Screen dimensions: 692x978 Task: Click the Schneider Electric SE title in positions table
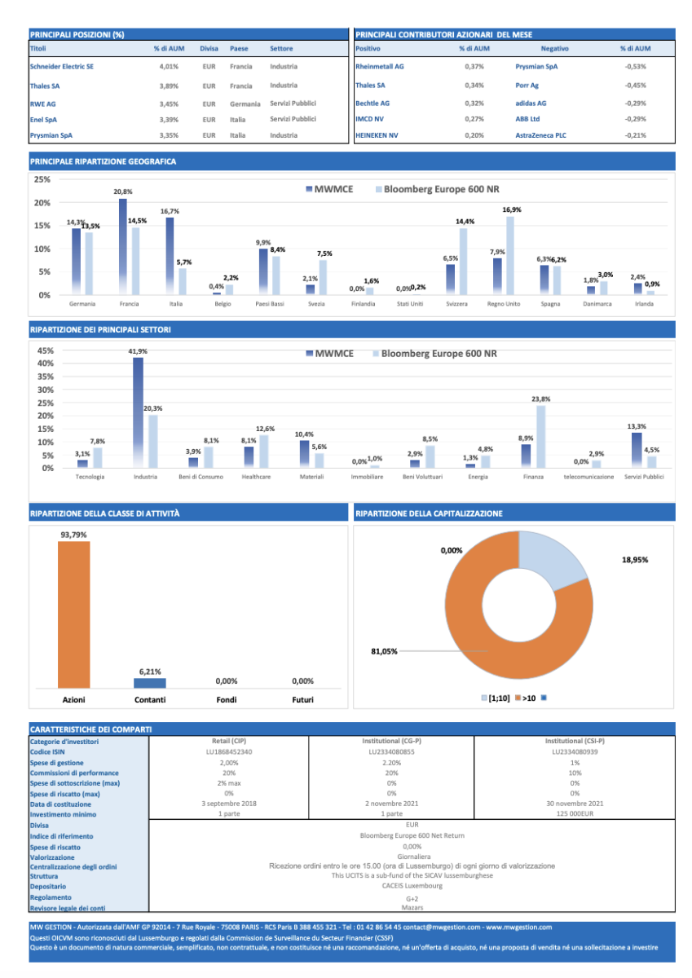click(62, 66)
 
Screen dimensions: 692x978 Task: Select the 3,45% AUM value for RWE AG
click(169, 104)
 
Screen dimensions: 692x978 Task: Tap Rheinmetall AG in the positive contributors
click(379, 66)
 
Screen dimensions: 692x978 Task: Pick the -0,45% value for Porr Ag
click(635, 85)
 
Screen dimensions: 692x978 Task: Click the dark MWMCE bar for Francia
click(123, 247)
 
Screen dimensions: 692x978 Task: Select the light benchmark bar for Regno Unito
click(510, 256)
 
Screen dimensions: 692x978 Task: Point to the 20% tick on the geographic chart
click(42, 203)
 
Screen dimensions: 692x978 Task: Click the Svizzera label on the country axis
click(456, 303)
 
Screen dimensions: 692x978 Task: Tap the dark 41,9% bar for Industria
click(138, 412)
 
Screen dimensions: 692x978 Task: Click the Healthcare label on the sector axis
click(256, 477)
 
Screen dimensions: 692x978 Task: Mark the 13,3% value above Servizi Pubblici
click(637, 426)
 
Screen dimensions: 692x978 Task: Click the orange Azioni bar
click(74, 615)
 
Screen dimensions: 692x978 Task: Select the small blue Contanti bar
click(150, 683)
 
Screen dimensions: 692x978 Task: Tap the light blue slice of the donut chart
click(550, 559)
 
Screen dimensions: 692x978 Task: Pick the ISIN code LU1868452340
click(229, 751)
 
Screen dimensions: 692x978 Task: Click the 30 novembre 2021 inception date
click(575, 804)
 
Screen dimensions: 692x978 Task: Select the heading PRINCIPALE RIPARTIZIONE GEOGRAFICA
click(103, 161)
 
